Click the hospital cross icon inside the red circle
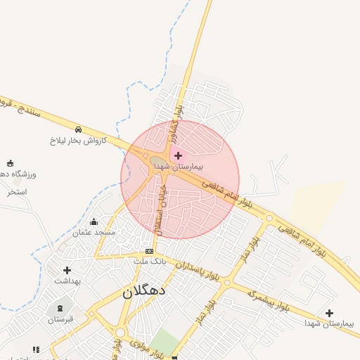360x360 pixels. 178,155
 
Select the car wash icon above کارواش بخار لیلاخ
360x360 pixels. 78,129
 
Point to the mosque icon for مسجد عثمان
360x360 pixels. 94,222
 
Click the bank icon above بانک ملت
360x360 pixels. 149,251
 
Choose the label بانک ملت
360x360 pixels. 149,261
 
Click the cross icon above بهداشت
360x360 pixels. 67,270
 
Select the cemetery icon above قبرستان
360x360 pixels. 60,309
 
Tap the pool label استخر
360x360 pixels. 17,191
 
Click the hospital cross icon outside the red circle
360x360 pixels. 329,313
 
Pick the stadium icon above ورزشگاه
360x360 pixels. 10,163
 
